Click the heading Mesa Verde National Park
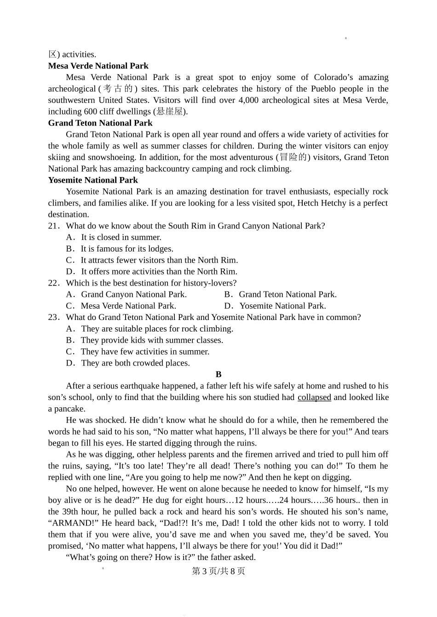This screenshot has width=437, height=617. (x=98, y=66)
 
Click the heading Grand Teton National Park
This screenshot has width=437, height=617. (x=100, y=123)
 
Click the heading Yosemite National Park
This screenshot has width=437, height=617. (x=93, y=180)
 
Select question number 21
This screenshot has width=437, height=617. (x=53, y=226)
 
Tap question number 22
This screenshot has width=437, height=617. (x=53, y=283)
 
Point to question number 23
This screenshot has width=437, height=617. (x=53, y=317)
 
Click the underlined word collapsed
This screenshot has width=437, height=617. (x=314, y=397)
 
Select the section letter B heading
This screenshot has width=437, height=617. (x=218, y=374)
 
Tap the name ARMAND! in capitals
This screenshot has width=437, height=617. (x=73, y=523)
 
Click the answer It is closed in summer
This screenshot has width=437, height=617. (x=121, y=237)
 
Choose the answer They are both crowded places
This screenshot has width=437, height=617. (x=135, y=363)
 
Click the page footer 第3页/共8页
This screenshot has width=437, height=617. (x=218, y=571)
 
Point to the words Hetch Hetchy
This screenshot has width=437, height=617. (x=322, y=203)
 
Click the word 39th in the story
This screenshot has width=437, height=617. (x=69, y=511)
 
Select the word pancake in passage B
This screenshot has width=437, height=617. (x=69, y=409)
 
